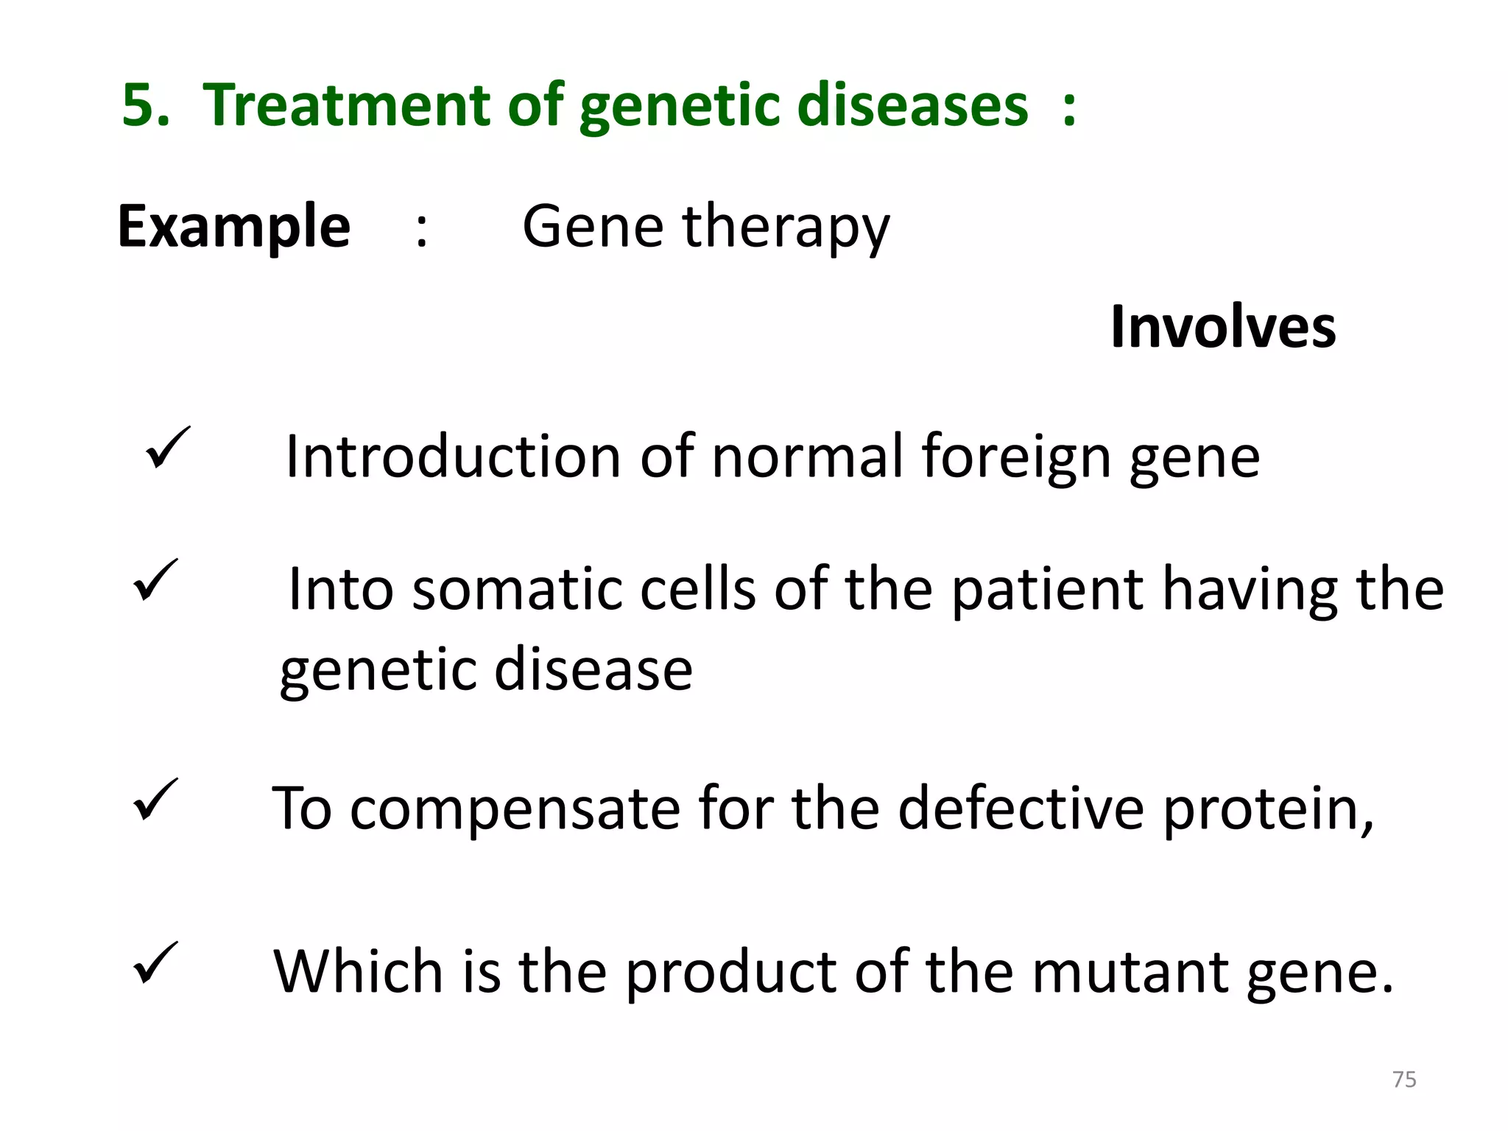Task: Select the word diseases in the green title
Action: (x=912, y=105)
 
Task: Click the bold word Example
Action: (x=233, y=227)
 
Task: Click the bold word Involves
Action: (x=1223, y=327)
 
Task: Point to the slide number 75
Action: (x=1404, y=1079)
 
